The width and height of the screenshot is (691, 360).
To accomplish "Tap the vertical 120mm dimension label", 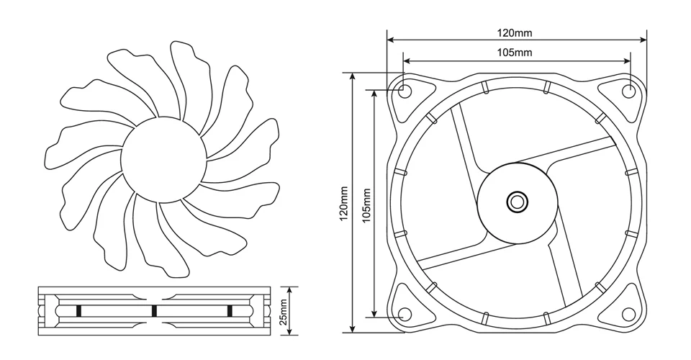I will tap(344, 204).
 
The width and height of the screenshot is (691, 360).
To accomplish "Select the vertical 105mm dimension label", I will tap(366, 204).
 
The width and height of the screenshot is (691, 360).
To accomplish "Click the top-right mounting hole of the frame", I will tap(628, 91).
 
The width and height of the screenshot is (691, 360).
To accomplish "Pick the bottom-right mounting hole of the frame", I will tap(628, 315).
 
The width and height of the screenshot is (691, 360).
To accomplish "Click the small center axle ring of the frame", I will tap(517, 202).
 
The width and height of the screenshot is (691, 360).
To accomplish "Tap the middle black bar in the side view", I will tap(154, 311).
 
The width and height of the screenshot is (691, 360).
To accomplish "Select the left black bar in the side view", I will tap(78, 311).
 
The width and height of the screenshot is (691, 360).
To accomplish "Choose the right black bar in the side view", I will tap(230, 311).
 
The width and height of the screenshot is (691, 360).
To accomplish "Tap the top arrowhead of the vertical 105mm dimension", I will tap(374, 94).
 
